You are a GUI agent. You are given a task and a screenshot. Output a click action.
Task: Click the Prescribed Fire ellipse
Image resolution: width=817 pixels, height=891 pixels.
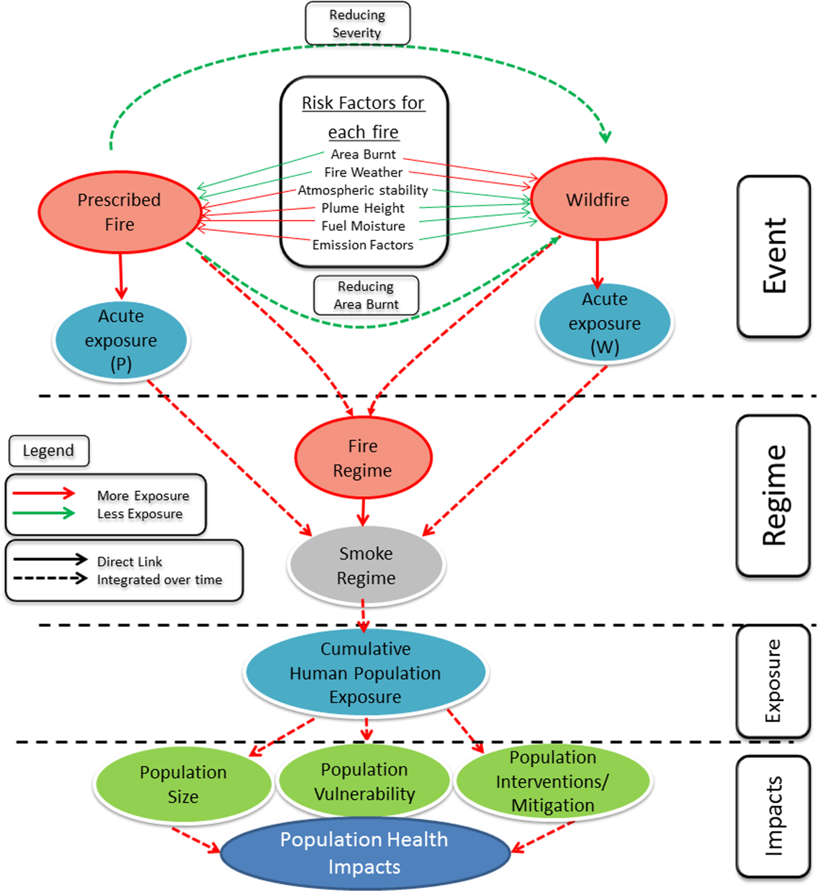pyautogui.click(x=119, y=212)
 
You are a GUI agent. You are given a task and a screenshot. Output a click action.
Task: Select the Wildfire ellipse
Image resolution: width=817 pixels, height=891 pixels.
pyautogui.click(x=598, y=199)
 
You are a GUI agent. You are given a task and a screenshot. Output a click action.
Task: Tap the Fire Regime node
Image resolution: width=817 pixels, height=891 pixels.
pyautogui.click(x=363, y=458)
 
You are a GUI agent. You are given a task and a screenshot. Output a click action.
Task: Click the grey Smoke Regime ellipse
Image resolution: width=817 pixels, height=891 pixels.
pyautogui.click(x=366, y=565)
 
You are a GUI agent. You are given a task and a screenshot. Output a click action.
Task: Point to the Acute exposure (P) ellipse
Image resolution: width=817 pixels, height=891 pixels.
pyautogui.click(x=121, y=340)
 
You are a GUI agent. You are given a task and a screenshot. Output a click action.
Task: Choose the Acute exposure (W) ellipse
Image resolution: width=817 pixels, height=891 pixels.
pyautogui.click(x=605, y=323)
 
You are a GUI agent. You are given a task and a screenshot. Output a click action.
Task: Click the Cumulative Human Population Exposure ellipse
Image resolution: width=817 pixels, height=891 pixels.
pyautogui.click(x=365, y=673)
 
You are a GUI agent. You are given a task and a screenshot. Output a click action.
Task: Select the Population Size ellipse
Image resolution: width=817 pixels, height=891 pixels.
pyautogui.click(x=183, y=784)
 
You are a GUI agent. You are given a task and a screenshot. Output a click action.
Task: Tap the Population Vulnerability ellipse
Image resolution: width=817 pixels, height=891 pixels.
pyautogui.click(x=364, y=781)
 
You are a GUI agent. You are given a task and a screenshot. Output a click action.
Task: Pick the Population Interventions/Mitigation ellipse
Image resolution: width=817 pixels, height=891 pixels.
pyautogui.click(x=553, y=781)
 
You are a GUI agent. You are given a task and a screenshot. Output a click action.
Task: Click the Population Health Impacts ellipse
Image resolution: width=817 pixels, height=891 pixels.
pyautogui.click(x=364, y=853)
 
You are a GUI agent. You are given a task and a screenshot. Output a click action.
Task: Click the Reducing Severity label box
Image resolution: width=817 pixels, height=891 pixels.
pyautogui.click(x=357, y=23)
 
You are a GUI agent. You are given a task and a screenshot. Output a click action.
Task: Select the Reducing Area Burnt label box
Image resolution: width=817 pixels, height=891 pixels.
pyautogui.click(x=366, y=295)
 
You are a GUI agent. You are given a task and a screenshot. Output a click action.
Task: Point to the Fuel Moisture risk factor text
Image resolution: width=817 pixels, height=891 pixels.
pyautogui.click(x=363, y=226)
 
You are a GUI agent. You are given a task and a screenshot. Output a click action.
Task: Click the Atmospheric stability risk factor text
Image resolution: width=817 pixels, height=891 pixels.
pyautogui.click(x=363, y=190)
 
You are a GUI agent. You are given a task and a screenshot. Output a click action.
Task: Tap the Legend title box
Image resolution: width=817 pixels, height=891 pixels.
pyautogui.click(x=48, y=450)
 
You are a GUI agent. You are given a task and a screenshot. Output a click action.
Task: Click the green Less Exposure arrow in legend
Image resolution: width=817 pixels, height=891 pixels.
pyautogui.click(x=44, y=513)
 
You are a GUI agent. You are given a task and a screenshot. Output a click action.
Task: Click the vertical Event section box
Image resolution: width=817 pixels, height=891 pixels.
pyautogui.click(x=773, y=256)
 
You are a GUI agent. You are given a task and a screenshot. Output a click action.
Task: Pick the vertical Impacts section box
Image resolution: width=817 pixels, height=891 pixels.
pyautogui.click(x=773, y=815)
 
